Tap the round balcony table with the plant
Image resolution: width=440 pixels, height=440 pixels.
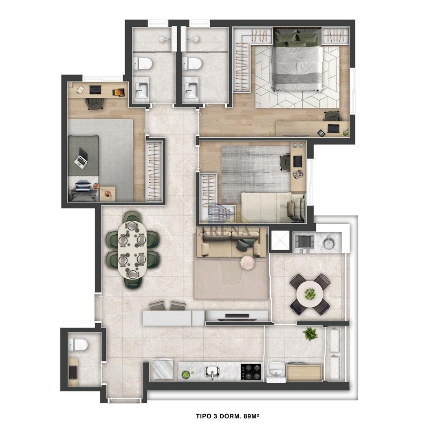point(310,294)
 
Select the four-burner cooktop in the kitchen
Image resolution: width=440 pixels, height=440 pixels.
point(251,372)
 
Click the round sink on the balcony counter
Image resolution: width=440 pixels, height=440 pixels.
point(329,242)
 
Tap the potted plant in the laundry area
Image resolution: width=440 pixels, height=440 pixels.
point(310,334)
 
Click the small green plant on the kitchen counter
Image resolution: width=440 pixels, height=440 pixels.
point(186,374)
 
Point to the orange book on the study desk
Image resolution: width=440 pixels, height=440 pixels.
point(119,92)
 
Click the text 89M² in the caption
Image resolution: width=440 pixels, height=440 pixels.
point(252,416)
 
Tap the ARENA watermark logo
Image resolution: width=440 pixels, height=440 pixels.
point(224,231)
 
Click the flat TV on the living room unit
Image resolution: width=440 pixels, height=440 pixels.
point(236,316)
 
